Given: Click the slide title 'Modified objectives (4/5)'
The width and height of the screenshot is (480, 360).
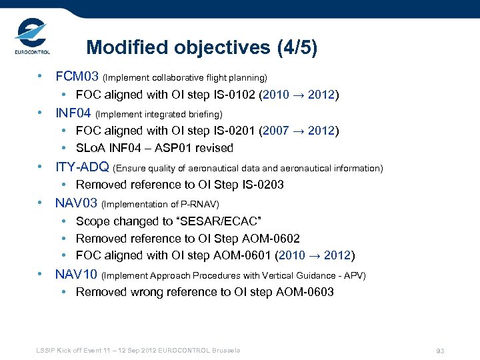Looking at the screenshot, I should coord(202,48).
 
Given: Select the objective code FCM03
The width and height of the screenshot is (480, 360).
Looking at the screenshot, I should coord(77,77).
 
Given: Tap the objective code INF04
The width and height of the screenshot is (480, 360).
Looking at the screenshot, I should coord(73,113).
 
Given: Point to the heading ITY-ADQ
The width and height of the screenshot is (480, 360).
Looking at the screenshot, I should coord(83,167).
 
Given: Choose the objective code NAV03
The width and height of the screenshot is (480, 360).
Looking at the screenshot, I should coord(76,203).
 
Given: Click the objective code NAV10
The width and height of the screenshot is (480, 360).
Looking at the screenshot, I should coord(76,274).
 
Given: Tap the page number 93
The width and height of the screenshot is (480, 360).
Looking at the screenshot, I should coord(439,351).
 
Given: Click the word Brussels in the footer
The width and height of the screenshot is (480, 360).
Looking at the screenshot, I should coord(225,350).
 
